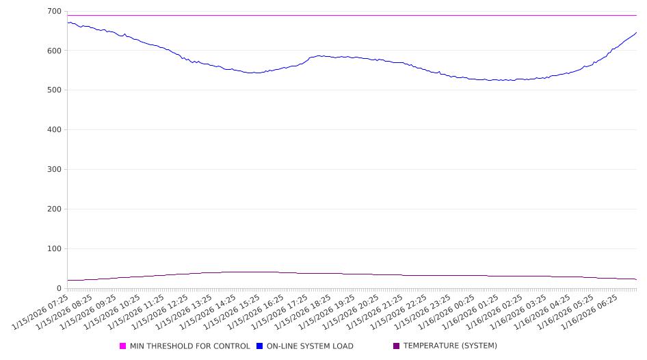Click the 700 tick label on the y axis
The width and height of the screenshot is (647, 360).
[54, 12]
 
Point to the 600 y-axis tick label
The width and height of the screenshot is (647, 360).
[54, 51]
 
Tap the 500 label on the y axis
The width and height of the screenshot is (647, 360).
[54, 90]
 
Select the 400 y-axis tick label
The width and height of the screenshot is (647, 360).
[54, 130]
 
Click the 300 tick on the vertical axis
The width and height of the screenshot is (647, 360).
[54, 170]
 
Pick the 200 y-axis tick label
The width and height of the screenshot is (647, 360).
[54, 209]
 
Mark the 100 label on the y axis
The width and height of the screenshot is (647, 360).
[54, 249]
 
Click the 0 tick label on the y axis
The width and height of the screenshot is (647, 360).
[59, 289]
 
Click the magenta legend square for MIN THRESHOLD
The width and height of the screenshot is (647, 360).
[123, 346]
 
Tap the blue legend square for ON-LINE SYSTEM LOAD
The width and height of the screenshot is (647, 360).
[260, 346]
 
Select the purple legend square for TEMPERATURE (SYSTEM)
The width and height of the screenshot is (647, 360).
[397, 346]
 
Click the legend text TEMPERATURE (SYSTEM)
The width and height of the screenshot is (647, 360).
[450, 346]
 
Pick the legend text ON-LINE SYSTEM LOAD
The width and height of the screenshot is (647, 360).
[310, 346]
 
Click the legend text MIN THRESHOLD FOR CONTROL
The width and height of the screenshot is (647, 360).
[190, 346]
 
